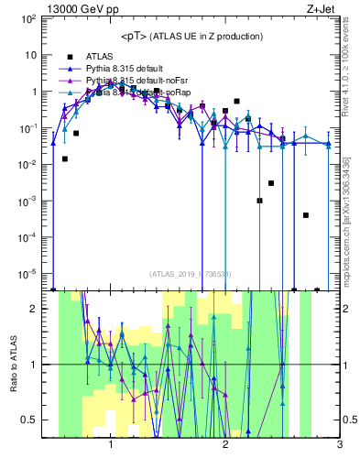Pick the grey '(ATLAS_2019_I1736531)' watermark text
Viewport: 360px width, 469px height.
coord(191,275)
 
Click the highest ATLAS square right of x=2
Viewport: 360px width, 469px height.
coord(236,101)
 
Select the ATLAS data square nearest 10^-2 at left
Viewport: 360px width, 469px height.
coord(65,158)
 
